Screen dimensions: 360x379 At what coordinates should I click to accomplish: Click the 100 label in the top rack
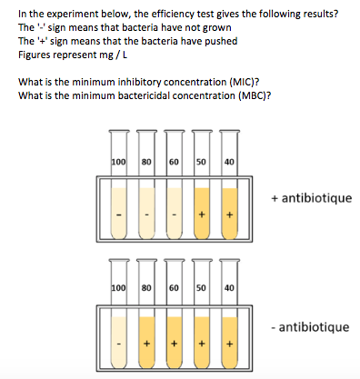117,162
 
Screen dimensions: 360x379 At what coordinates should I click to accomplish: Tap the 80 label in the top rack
145,162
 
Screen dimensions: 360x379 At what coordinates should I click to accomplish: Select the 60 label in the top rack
174,162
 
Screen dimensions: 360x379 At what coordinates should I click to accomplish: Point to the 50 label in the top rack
202,162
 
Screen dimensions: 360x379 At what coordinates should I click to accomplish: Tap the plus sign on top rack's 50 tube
202,214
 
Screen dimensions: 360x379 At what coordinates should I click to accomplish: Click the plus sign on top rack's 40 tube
230,214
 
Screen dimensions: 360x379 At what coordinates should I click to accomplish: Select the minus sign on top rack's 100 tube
117,214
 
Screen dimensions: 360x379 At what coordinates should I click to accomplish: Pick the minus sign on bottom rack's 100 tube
117,344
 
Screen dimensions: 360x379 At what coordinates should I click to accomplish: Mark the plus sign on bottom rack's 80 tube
145,344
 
